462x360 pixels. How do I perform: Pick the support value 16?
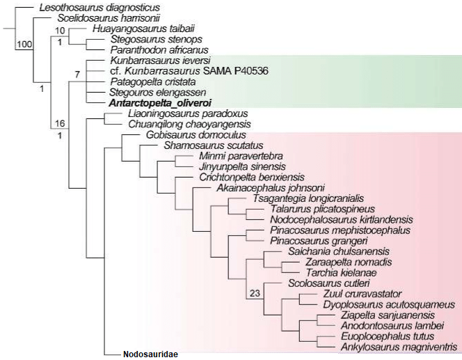(61, 123)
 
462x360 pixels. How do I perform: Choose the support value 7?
(78, 74)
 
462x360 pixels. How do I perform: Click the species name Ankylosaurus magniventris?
(399, 346)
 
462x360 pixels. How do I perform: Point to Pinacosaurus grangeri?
(308, 240)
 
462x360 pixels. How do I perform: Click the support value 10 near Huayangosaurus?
(61, 31)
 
